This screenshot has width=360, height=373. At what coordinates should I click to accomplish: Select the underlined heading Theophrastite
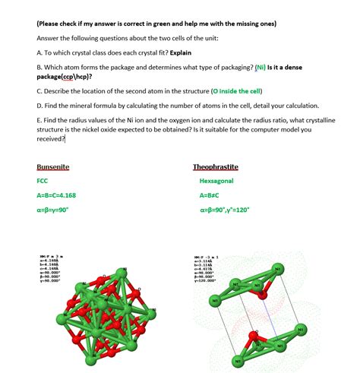(x=216, y=167)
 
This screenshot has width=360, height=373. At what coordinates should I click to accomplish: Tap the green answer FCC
(x=43, y=182)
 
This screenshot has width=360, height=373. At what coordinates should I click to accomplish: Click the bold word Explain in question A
(x=183, y=53)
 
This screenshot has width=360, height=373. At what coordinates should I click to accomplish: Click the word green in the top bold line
(x=148, y=24)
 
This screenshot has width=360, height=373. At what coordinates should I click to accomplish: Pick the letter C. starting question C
(x=39, y=90)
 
